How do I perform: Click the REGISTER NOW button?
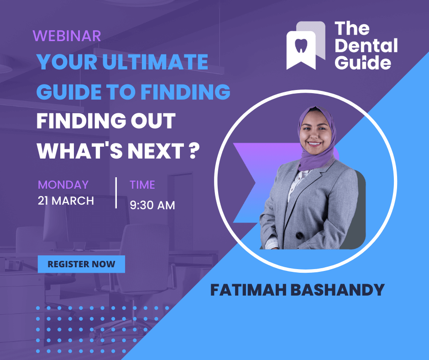(x=81, y=264)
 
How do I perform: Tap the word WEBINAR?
(x=67, y=36)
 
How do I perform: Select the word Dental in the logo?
(x=366, y=45)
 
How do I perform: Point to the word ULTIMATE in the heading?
(x=155, y=62)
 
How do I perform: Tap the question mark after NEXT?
(x=193, y=151)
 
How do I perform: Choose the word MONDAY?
(x=63, y=185)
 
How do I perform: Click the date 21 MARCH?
(x=66, y=201)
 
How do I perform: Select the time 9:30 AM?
(x=152, y=205)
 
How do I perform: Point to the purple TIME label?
(x=142, y=185)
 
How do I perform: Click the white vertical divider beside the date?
(x=116, y=193)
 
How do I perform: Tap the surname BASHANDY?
(x=337, y=290)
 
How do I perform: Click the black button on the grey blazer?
(x=299, y=235)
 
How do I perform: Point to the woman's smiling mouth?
(x=314, y=143)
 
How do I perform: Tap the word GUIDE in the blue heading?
(x=70, y=91)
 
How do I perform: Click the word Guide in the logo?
(x=363, y=63)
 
